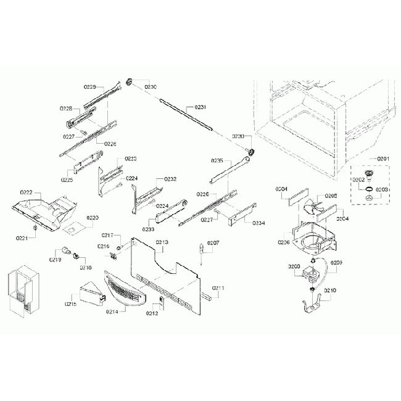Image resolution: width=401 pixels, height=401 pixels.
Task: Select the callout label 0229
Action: (x=89, y=88)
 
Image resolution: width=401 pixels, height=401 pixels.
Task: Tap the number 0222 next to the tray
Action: (x=27, y=193)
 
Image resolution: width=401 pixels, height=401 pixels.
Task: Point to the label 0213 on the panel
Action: (x=162, y=242)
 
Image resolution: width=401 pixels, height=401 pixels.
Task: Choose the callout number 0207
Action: (x=213, y=243)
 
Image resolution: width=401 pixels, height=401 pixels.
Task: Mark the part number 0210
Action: (x=330, y=290)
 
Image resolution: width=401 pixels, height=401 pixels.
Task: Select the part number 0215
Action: (x=71, y=304)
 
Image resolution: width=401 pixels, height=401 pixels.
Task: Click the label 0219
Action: (x=56, y=260)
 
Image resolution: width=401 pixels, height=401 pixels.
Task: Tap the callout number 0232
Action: (x=170, y=179)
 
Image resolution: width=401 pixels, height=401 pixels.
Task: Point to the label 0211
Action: (x=218, y=288)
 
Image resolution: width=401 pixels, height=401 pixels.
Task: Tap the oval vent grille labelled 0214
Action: (x=126, y=291)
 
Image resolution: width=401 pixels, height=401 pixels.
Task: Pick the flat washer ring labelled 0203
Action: (x=368, y=197)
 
